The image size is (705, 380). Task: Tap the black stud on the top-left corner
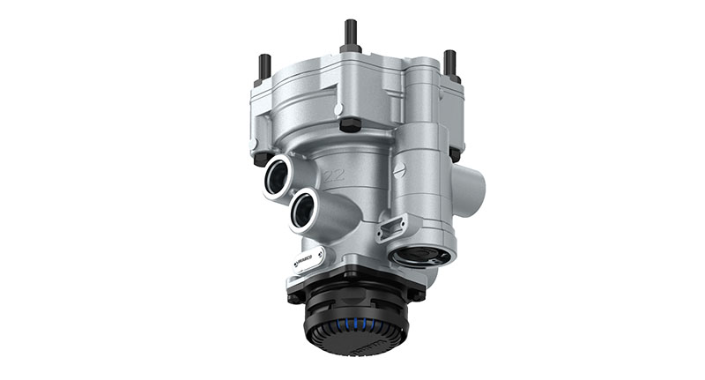tap(263, 67)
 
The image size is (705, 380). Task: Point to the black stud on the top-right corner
tap(450, 62)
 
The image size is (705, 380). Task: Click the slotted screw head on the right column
tap(399, 170)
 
